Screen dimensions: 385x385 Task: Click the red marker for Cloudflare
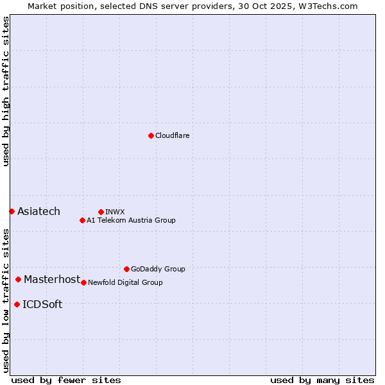(151, 135)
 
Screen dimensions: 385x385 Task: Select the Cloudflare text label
(172, 135)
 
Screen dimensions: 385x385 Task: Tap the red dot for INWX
(101, 212)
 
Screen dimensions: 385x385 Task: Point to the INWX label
(115, 212)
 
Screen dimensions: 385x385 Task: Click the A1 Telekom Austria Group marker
(82, 220)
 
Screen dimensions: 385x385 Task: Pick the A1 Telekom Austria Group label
(131, 220)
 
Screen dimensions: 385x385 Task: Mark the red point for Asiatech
(12, 211)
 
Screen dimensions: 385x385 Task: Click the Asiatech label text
(38, 211)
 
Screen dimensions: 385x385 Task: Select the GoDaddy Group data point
(126, 269)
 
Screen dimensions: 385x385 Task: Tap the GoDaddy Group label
(157, 269)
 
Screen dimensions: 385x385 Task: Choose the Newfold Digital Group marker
(83, 282)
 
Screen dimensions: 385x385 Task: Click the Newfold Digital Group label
(125, 282)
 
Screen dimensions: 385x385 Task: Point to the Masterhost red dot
(18, 279)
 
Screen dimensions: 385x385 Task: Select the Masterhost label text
(52, 279)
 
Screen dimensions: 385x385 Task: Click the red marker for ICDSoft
(17, 304)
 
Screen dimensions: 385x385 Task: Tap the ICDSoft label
(42, 304)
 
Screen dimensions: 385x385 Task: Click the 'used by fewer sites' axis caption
(66, 380)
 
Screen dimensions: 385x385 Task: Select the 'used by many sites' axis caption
(322, 380)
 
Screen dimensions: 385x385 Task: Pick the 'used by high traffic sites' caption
(6, 91)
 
